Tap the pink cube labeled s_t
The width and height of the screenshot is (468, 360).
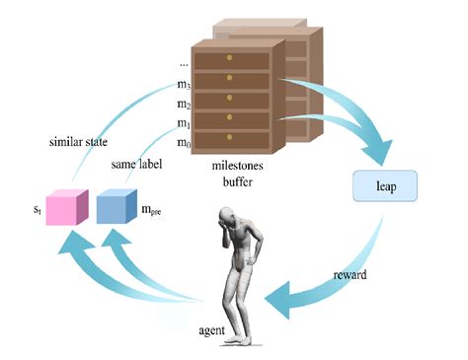coord(66,209)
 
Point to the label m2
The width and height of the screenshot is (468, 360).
coord(184,106)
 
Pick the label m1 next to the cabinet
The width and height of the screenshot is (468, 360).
coord(184,124)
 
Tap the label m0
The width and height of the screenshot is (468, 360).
coord(184,144)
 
